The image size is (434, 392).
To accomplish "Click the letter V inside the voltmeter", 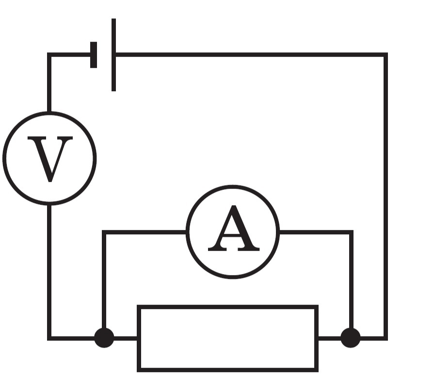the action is [50, 159].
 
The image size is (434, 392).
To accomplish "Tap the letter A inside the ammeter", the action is [234, 228].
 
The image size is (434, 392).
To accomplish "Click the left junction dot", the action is [104, 338].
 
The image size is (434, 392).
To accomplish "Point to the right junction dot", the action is [351, 338].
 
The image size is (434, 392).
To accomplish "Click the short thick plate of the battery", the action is [94, 55].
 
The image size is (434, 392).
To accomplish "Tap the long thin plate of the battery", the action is [113, 55].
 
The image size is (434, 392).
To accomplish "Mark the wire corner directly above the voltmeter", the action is [49, 54].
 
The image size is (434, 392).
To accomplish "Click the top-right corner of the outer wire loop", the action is [386, 54].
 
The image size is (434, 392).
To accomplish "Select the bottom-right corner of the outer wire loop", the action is [386, 338].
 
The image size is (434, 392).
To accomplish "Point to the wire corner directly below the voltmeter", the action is [49, 338].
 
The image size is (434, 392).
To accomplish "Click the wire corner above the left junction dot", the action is [104, 232].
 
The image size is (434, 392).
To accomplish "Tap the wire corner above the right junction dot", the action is [351, 232].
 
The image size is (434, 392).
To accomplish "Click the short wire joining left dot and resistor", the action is [126, 338].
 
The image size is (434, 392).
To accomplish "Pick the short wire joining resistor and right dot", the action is [329, 338].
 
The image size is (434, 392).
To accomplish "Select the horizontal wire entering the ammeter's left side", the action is [145, 232].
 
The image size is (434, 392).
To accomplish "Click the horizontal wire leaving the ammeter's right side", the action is [316, 232].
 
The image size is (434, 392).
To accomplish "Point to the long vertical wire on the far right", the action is [386, 196].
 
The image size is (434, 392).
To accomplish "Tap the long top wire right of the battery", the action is [251, 54].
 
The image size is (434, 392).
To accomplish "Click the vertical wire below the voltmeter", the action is [49, 271].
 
